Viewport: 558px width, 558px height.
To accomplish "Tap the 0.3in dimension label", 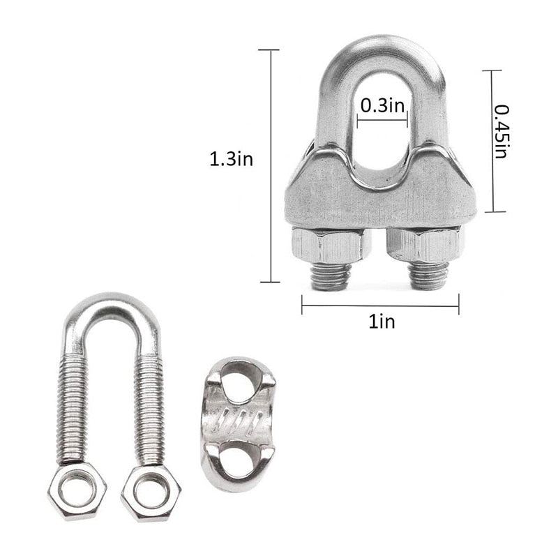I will point(382,106).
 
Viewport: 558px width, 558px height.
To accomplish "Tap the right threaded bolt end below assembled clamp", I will point(428,276).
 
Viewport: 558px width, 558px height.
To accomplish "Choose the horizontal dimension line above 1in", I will point(380,305).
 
